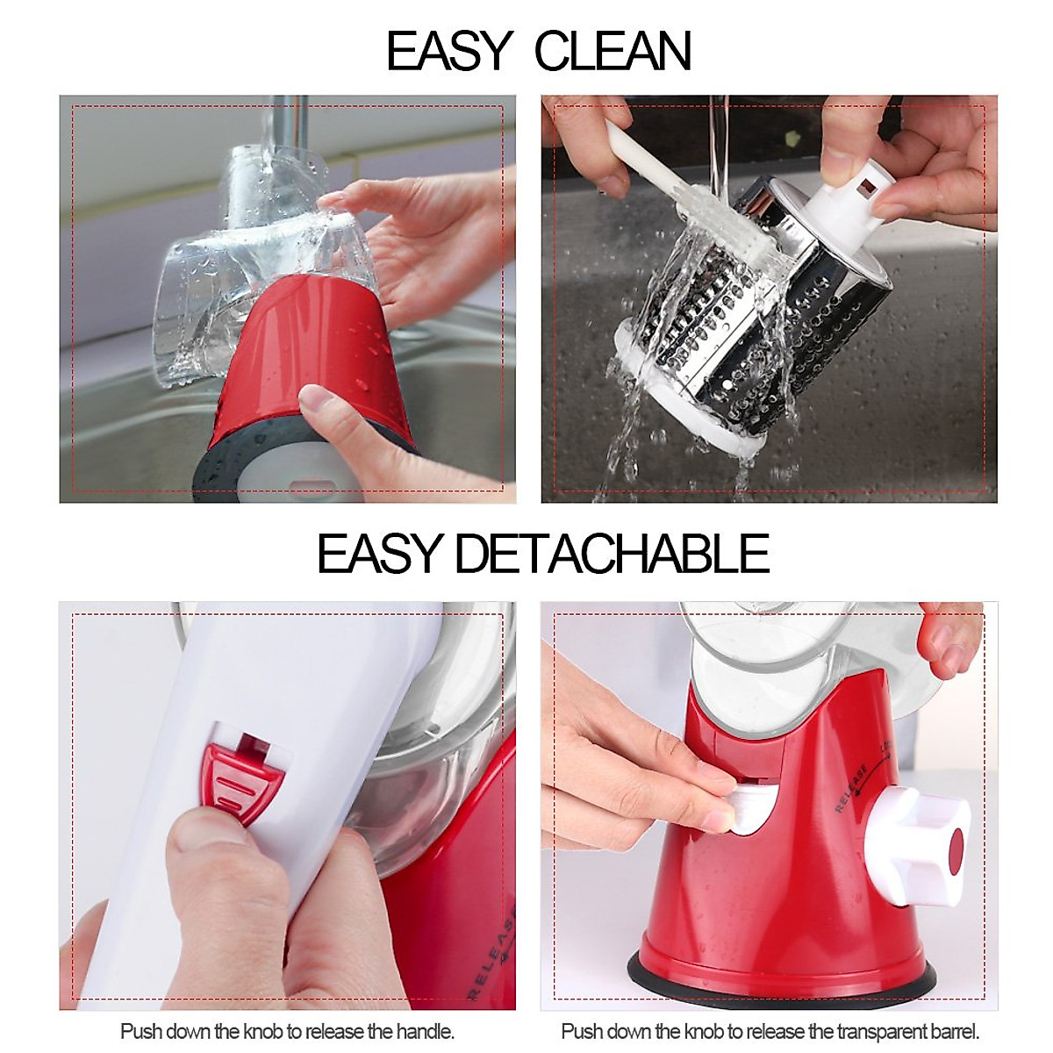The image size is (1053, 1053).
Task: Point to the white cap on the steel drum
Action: tap(849, 197)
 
